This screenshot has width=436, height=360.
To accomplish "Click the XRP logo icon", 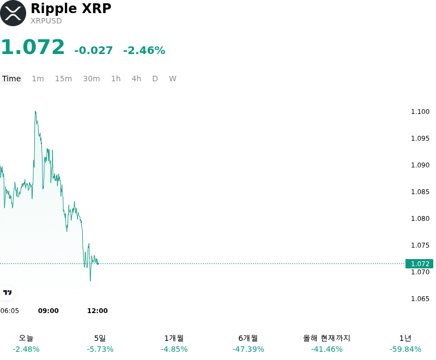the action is coord(13,13).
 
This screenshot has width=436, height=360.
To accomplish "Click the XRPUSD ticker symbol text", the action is coord(46,21).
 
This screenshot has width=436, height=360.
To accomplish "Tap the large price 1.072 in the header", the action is coord(33,47).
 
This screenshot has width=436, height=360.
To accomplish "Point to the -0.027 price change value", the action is coord(93,50).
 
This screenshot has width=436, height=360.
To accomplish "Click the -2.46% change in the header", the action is coord(144,50).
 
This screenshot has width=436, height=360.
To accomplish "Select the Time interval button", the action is coord(11,79).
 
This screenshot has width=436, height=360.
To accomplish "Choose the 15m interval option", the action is coord(63,79).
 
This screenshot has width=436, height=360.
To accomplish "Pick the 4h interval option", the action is coord(136,79).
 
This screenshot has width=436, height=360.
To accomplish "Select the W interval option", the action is coord(173,79).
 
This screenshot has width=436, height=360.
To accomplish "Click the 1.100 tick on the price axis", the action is coord(420,112).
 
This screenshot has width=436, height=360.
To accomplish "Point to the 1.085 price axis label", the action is coord(420,191).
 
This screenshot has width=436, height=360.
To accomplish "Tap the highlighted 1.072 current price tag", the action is coord(419,263).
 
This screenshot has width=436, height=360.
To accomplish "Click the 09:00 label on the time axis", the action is coord(49,311).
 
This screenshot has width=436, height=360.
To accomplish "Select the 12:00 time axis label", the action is coord(98,311).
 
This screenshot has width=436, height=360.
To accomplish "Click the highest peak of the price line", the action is coord(35,111).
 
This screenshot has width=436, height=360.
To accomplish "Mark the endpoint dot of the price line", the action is coord(98,263).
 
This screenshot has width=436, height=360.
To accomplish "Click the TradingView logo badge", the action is coord(7,292).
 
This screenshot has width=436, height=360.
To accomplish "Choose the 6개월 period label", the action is coord(248,338).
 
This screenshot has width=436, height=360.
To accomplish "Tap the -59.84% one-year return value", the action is coord(405,349).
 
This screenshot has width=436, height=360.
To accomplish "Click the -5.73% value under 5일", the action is coord(100,349).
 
